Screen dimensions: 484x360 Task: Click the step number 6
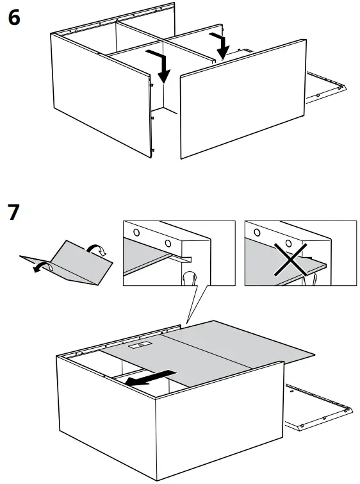(13, 17)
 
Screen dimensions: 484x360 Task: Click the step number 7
(13, 212)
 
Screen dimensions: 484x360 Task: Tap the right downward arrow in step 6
(222, 45)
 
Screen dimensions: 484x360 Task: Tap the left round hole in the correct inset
(137, 232)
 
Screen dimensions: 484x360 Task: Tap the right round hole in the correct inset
(168, 243)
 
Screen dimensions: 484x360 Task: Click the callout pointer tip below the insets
(186, 322)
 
